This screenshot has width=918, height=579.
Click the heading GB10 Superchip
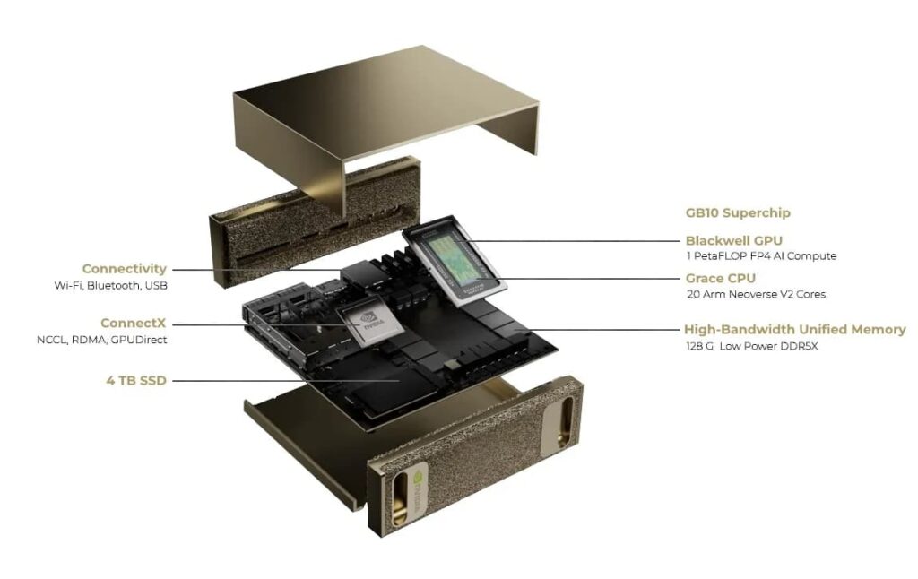coord(738,213)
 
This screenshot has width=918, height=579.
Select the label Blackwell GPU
coord(733,240)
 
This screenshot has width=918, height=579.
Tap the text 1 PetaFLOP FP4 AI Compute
coord(760,256)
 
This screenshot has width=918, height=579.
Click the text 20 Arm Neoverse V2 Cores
coord(755,294)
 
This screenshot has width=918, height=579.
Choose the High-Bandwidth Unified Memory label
coord(794,329)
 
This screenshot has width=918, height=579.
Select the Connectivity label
coord(124,268)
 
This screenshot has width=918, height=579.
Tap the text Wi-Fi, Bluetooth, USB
coord(110,285)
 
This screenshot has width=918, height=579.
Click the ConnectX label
coord(133,323)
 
